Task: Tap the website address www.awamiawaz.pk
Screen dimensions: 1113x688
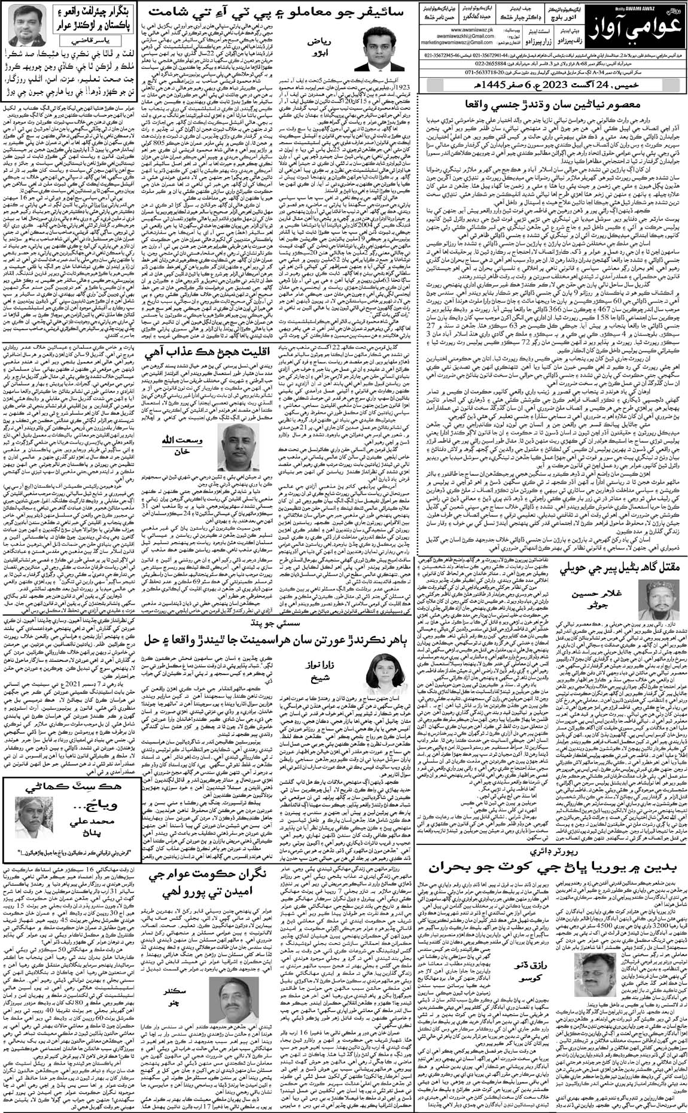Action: (x=472, y=30)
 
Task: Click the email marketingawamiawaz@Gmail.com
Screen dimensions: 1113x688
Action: (x=458, y=42)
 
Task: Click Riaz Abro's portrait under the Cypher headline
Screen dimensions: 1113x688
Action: (x=378, y=48)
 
